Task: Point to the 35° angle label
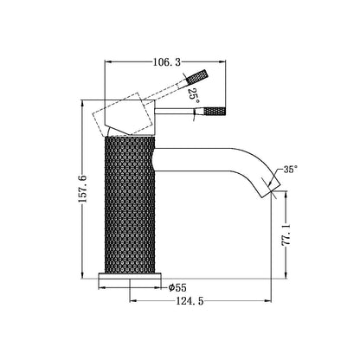(291, 170)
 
